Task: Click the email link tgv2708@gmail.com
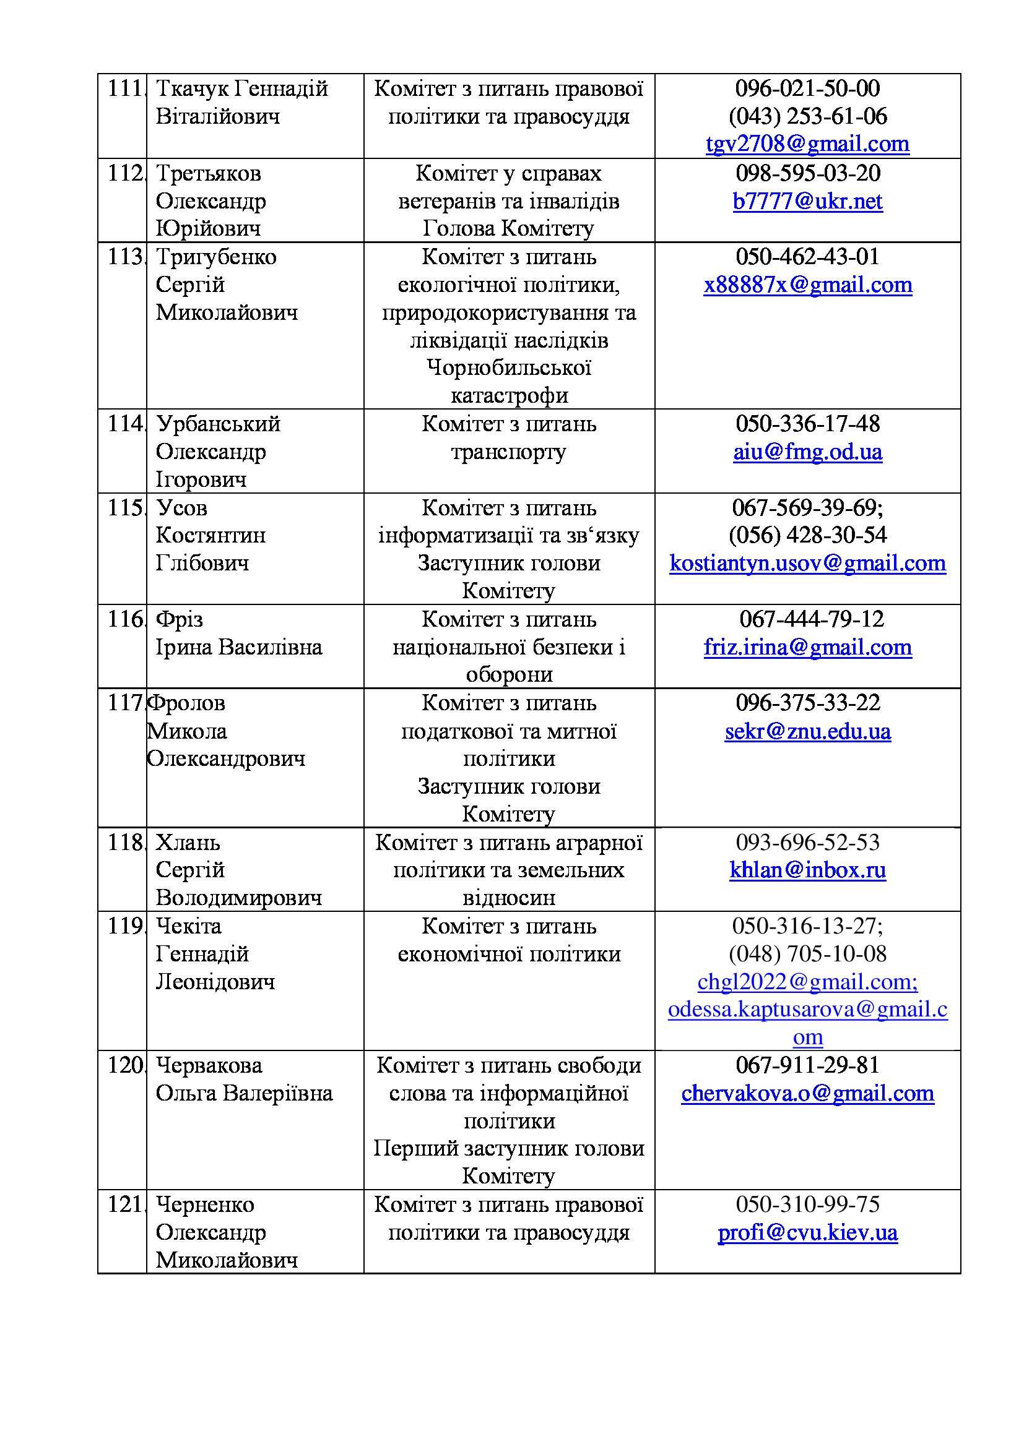807,144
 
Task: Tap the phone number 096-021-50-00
807,88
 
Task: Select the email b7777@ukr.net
807,201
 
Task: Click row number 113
125,257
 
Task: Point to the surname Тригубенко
215,257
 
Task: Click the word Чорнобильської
508,368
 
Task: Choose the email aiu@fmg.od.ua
807,452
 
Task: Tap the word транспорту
508,452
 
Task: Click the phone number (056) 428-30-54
807,535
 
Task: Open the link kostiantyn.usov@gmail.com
807,563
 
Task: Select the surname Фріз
179,619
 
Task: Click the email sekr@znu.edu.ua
807,731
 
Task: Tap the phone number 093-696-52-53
807,843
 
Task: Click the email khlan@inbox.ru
807,870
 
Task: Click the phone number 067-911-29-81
807,1066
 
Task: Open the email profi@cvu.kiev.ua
807,1233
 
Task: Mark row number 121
125,1205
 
